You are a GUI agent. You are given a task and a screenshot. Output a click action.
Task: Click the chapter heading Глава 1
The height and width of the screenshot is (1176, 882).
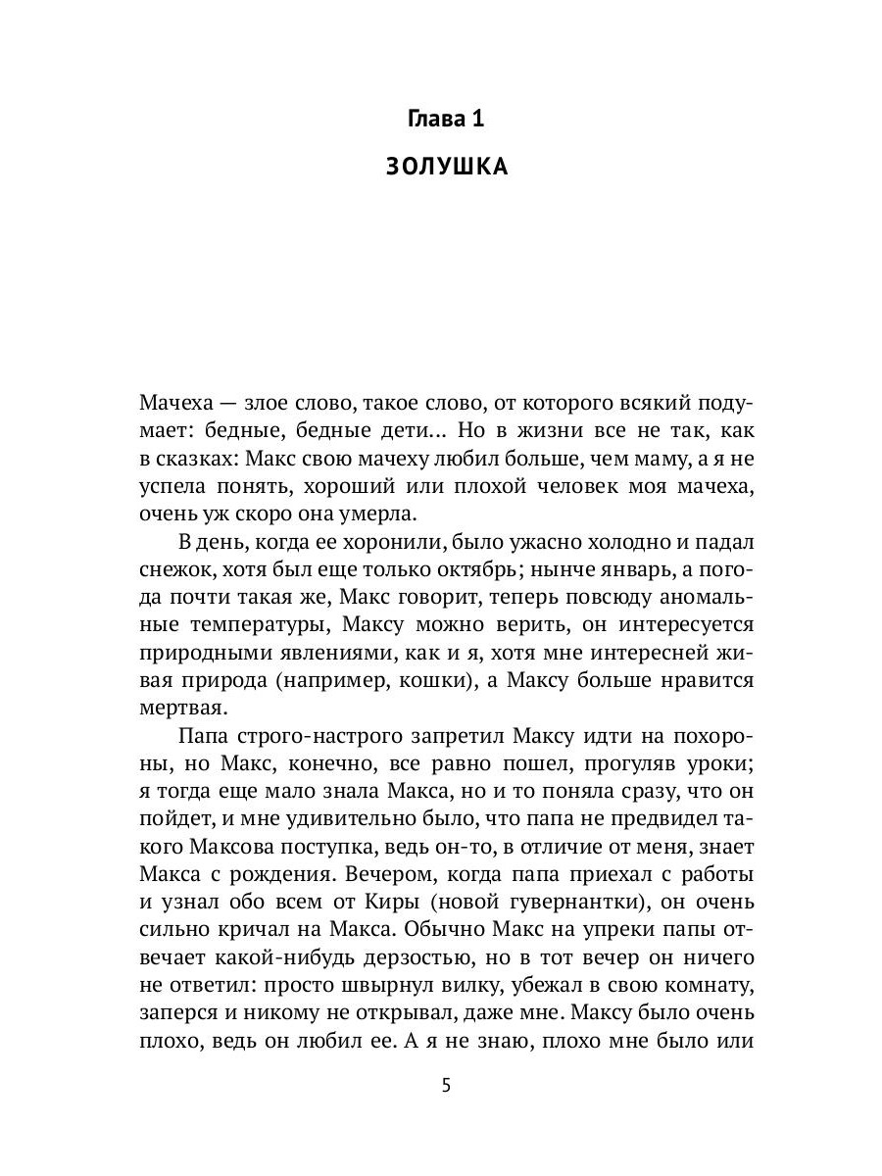[445, 120]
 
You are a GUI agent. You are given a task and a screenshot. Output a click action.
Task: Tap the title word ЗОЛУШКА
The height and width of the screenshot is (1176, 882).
[445, 168]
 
